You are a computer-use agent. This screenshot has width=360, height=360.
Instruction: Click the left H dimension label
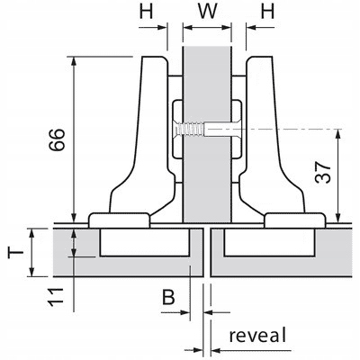[x=147, y=12]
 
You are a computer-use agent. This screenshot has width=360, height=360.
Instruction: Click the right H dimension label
[x=267, y=12]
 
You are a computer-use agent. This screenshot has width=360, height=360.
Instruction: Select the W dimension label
[x=208, y=12]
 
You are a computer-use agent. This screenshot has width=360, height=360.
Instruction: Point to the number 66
[x=57, y=139]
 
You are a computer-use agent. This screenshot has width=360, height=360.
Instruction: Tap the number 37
[x=323, y=173]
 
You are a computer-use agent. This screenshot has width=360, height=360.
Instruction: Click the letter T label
[x=15, y=253]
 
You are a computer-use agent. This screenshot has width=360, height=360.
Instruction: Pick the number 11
[x=57, y=297]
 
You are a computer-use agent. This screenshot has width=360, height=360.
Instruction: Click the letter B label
[x=168, y=298]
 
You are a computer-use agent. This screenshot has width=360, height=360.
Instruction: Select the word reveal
[x=257, y=335]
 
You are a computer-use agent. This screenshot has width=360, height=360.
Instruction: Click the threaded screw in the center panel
[x=191, y=130]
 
